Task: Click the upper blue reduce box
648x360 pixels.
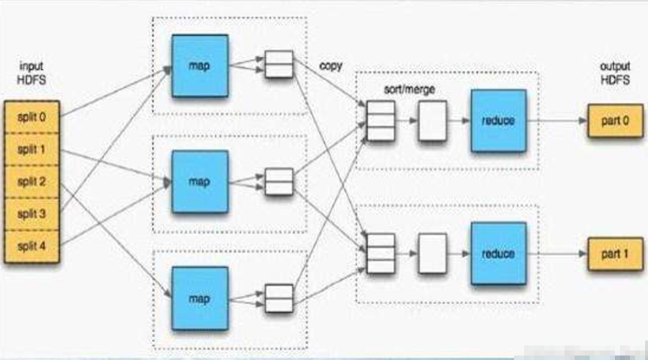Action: [498, 120]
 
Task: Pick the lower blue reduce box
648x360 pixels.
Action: [498, 253]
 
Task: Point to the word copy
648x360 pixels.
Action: [330, 66]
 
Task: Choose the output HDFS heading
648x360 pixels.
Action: [615, 73]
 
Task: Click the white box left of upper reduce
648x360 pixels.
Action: [432, 120]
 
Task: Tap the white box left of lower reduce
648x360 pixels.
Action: [432, 253]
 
